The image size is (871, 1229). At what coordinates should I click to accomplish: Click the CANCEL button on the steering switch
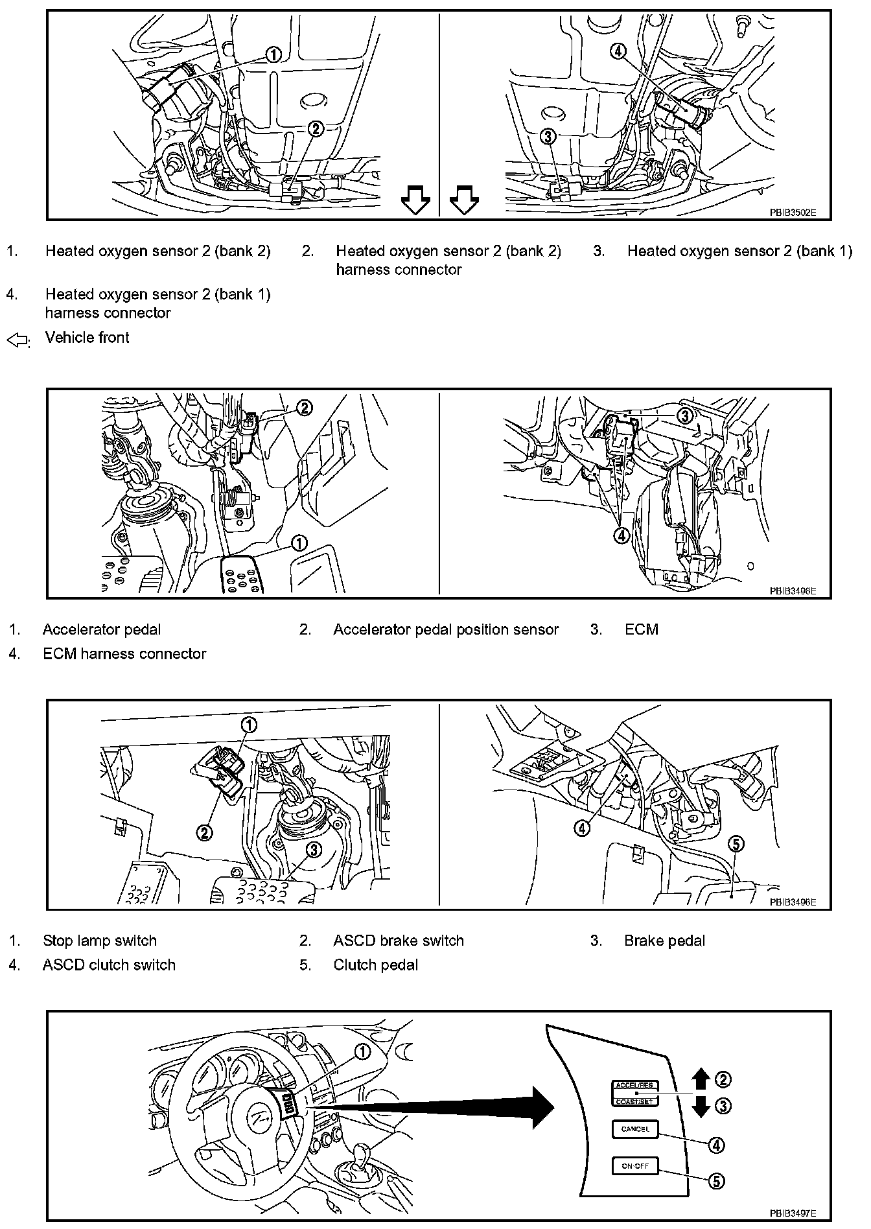634,1129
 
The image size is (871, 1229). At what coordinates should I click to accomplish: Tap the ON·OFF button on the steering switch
634,1166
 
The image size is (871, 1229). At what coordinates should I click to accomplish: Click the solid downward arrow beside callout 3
701,1106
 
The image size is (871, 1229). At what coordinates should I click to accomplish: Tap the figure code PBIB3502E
793,212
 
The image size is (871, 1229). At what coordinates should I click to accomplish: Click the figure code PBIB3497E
793,1213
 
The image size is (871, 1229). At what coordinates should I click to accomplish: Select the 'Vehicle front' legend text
87,338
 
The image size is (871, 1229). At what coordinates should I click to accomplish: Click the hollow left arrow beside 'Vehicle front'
17,340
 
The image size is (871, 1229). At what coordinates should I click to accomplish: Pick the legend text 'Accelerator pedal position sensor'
446,629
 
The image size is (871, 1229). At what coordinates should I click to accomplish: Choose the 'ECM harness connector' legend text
124,654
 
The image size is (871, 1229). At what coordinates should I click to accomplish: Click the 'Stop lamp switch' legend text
100,941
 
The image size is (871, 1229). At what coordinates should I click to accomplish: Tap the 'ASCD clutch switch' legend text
109,965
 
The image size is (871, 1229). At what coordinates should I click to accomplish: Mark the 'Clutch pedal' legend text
376,965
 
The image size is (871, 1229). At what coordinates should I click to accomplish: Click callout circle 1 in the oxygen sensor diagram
273,55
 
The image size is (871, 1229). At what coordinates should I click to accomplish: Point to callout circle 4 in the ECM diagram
621,535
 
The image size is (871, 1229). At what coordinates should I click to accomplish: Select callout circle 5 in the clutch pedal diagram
736,844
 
